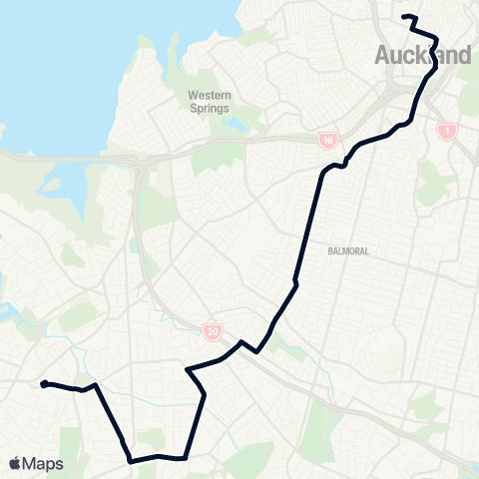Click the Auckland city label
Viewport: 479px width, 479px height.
tap(423, 56)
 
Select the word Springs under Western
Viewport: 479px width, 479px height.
tap(210, 108)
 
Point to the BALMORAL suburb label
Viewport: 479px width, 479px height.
tap(348, 251)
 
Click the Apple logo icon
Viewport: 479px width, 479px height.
tap(15, 463)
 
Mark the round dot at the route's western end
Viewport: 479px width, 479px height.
tap(44, 383)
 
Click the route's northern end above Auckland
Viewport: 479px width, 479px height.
tap(404, 16)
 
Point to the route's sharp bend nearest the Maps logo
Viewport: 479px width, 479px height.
tap(130, 460)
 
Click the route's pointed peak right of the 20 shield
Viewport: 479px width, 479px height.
tap(241, 342)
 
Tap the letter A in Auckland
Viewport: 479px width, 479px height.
tap(384, 56)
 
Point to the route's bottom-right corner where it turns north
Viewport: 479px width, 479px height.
tap(186, 458)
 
